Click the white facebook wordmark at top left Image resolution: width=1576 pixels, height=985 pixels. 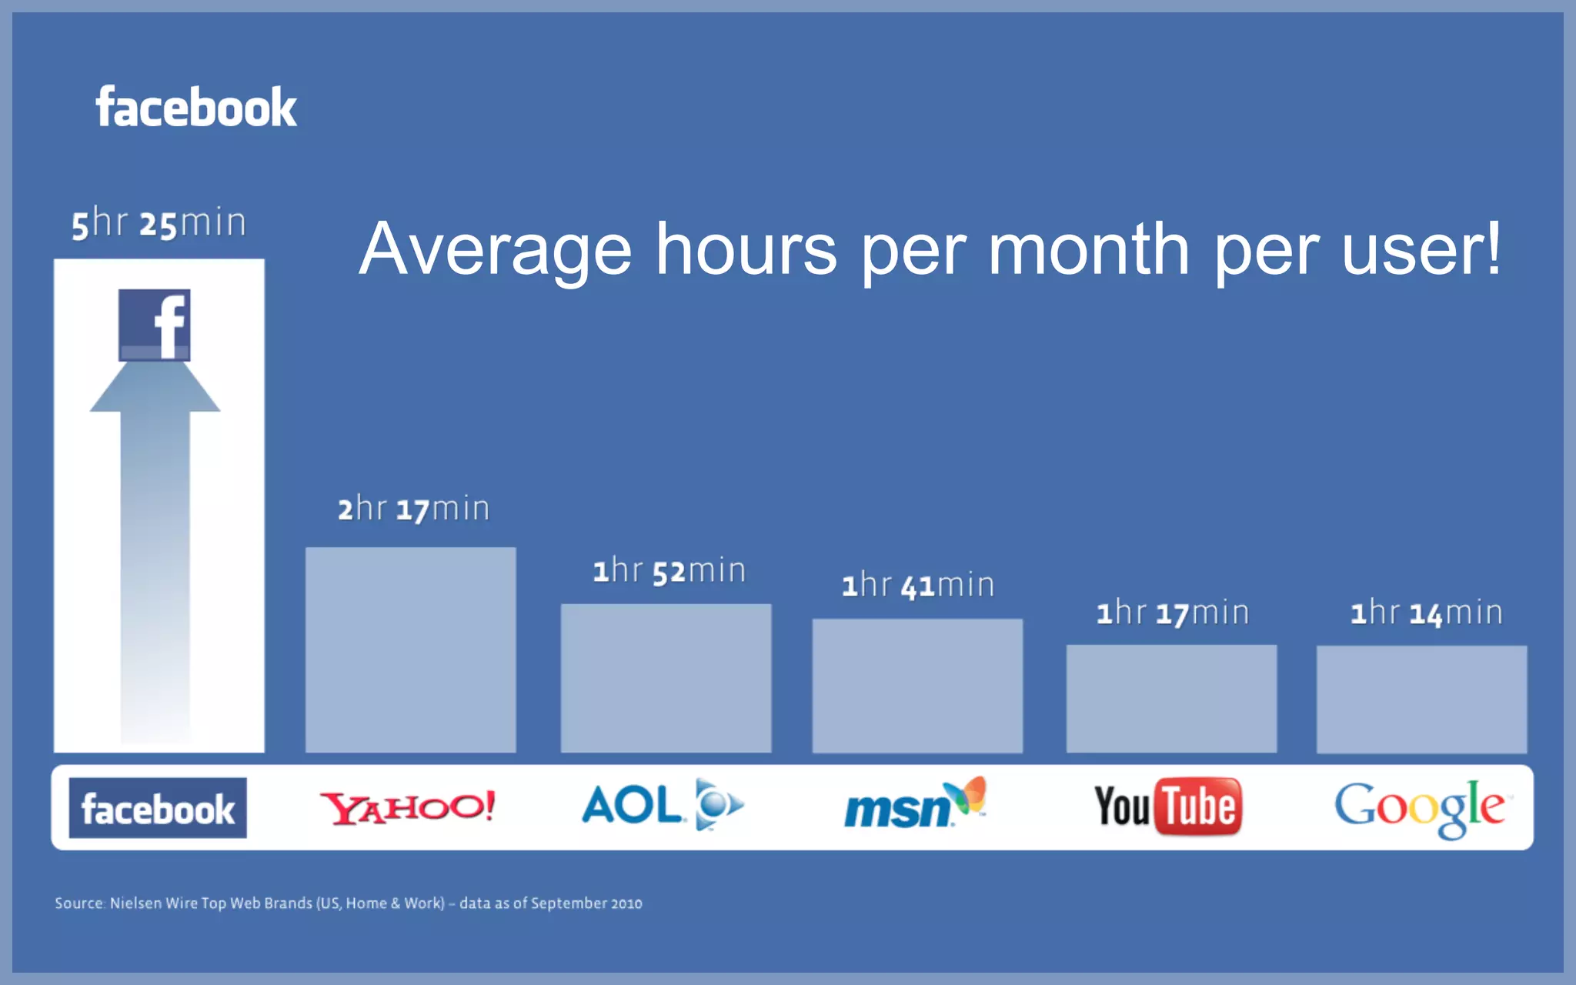coord(196,107)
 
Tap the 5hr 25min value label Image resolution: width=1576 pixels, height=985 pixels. coord(159,224)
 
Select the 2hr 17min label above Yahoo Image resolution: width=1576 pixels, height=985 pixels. coord(413,509)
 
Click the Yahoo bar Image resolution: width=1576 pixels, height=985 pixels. coord(410,650)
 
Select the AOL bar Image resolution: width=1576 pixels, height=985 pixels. coord(666,678)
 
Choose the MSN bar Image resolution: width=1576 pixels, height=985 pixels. coord(917,686)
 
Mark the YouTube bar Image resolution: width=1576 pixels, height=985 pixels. coord(1171,699)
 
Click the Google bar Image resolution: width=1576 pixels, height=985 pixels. coord(1421,699)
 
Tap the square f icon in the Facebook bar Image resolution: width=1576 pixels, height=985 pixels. coord(154,325)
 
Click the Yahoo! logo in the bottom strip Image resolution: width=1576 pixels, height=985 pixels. coord(408,807)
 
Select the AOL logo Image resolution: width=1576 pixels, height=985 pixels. coord(662,806)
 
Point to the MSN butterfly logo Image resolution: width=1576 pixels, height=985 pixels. coord(915,804)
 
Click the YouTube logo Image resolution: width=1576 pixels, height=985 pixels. coord(1167,806)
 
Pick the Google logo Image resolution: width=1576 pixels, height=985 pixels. coord(1421,808)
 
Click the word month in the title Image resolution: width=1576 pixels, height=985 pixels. coord(1088,250)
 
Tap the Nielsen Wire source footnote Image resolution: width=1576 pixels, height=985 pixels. coord(348,903)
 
